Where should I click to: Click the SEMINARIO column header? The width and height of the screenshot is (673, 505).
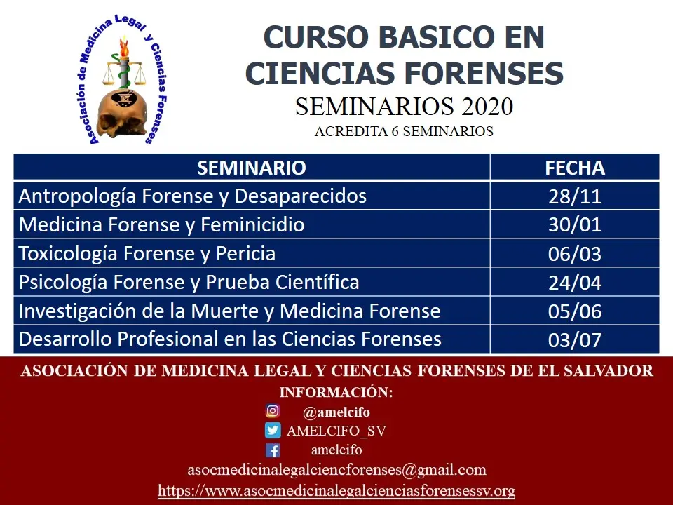pos(252,168)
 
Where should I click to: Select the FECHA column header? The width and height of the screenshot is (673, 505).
pos(575,168)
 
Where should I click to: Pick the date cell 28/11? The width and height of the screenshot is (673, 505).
pos(575,196)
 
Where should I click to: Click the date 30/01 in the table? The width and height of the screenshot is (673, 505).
pos(575,225)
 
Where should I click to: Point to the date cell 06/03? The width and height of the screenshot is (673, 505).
pos(575,254)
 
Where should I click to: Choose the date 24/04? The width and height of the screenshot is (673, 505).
pos(575,283)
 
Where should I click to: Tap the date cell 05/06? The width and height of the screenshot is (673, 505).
pos(575,311)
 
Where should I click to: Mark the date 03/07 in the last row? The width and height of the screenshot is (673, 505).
pos(575,340)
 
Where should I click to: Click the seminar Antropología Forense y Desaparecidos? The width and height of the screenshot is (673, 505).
pos(193,196)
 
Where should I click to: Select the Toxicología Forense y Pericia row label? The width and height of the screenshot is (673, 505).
pos(147,253)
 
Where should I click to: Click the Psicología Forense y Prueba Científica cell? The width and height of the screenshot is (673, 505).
pos(189,282)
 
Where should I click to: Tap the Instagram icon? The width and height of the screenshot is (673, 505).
pos(273,412)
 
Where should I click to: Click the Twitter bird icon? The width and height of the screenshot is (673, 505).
pos(273,431)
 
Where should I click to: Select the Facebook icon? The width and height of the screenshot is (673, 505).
pos(273,450)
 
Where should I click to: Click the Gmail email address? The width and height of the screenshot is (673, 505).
pos(336,470)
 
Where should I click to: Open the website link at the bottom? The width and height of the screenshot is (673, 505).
pos(336,490)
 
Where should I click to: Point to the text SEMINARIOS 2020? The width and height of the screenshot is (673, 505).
pos(404,107)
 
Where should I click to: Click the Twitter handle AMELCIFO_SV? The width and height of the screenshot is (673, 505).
pos(336,431)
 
